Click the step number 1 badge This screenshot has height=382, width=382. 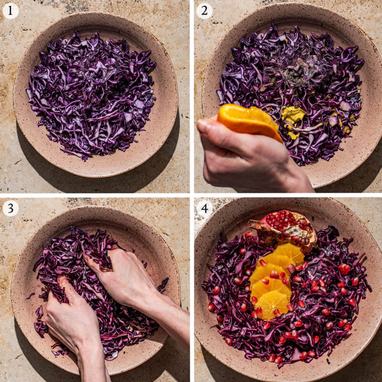coord(10,11)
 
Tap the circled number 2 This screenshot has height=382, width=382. coord(204,11)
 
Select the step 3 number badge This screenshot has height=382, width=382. coord(10,208)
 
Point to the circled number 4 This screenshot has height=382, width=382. coord(204,209)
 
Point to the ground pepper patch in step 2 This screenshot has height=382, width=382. coord(306,72)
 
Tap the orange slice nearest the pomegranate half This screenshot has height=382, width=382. coord(289,253)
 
